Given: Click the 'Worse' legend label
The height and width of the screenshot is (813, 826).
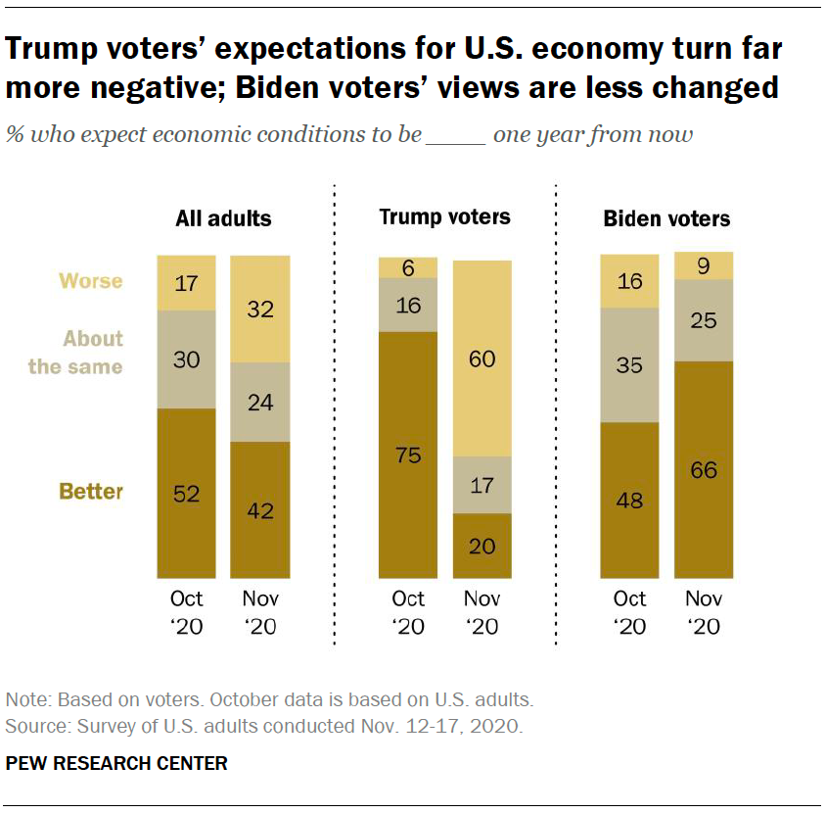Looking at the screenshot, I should (x=91, y=281).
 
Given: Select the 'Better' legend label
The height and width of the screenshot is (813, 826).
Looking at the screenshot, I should (x=91, y=491).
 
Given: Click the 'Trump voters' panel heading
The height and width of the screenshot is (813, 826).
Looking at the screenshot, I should (x=444, y=217).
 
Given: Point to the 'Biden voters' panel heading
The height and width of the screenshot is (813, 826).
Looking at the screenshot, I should (x=666, y=218).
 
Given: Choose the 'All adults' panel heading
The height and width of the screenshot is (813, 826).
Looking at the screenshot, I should (x=223, y=218).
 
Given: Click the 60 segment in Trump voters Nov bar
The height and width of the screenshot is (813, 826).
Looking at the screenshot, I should (x=482, y=359).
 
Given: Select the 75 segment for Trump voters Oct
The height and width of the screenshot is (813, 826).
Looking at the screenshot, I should (x=408, y=454).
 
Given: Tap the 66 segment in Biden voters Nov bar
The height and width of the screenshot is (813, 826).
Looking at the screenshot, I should (x=704, y=469).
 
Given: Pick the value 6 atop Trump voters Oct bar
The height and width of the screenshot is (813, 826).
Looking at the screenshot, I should (x=408, y=267).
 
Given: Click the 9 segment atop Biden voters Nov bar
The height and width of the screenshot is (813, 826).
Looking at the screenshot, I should (x=704, y=265).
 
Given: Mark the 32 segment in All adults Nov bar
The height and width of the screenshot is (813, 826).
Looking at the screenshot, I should (x=259, y=309).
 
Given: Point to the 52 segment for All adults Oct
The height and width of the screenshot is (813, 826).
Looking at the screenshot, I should (x=186, y=493).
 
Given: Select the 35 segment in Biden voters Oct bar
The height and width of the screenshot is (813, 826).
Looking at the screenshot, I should (x=629, y=365).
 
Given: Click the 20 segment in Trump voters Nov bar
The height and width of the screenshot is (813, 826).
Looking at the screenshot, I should (x=482, y=546).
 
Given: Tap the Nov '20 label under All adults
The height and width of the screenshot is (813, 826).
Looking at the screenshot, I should (x=259, y=612).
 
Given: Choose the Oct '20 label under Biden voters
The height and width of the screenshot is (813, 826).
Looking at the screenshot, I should (x=629, y=612).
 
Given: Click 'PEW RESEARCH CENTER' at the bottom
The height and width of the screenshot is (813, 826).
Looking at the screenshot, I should (x=116, y=763).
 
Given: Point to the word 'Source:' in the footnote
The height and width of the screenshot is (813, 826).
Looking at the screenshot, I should (x=35, y=727).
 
